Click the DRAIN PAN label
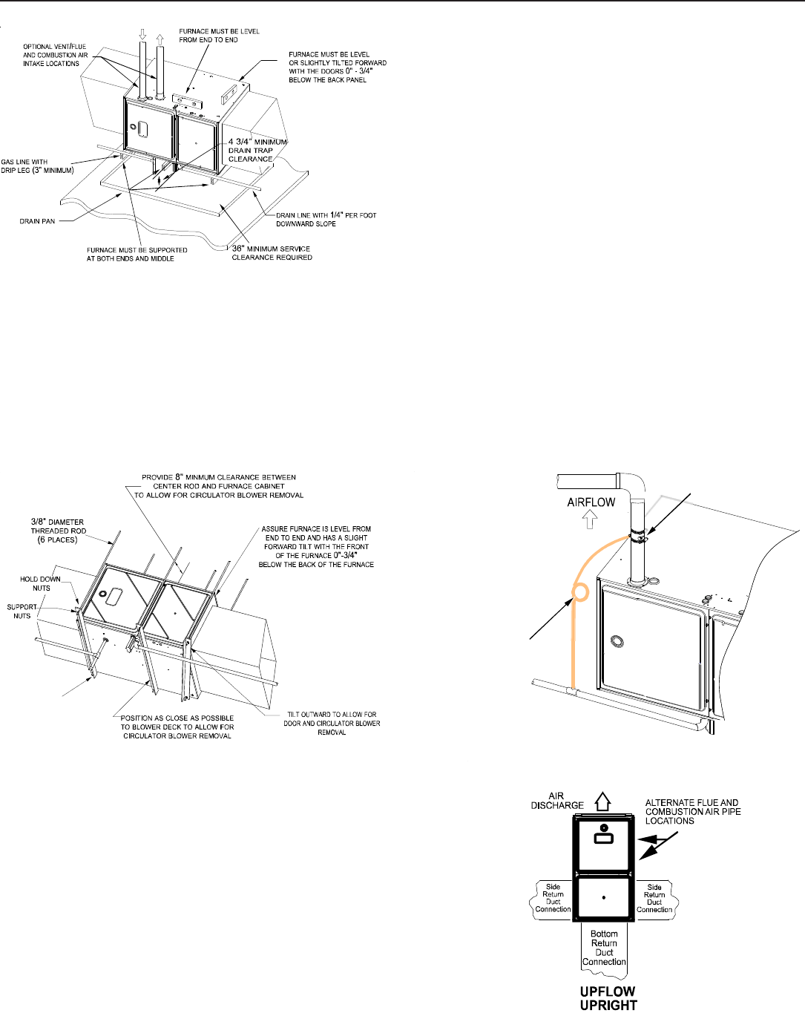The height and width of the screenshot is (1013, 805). (x=37, y=221)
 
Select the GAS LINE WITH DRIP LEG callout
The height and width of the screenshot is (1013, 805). (x=37, y=166)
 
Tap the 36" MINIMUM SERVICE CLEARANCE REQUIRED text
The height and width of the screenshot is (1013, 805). (x=272, y=253)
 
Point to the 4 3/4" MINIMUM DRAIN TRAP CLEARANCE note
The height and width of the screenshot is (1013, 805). (x=257, y=150)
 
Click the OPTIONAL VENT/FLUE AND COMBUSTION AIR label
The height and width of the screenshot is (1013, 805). (x=55, y=55)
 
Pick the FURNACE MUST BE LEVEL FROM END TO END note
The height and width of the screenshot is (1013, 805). (x=219, y=36)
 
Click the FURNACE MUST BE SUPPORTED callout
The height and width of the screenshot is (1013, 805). (x=137, y=254)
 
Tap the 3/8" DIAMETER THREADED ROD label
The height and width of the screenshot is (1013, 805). (x=58, y=531)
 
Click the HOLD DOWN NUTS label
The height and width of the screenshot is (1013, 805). (x=41, y=583)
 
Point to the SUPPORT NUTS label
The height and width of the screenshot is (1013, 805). (x=22, y=611)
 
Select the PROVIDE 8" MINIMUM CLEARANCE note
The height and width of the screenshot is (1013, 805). (x=219, y=486)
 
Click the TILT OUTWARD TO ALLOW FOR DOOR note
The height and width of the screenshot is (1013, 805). (x=332, y=723)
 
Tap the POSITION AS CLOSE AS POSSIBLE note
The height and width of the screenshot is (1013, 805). (x=177, y=727)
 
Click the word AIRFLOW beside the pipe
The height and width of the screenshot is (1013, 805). (x=591, y=502)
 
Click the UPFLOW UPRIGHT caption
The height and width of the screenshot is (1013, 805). (x=608, y=998)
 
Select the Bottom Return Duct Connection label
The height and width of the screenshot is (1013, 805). (x=604, y=948)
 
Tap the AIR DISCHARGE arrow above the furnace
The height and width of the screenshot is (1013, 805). (x=602, y=802)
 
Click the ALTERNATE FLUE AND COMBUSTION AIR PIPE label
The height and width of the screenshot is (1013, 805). (x=692, y=811)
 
